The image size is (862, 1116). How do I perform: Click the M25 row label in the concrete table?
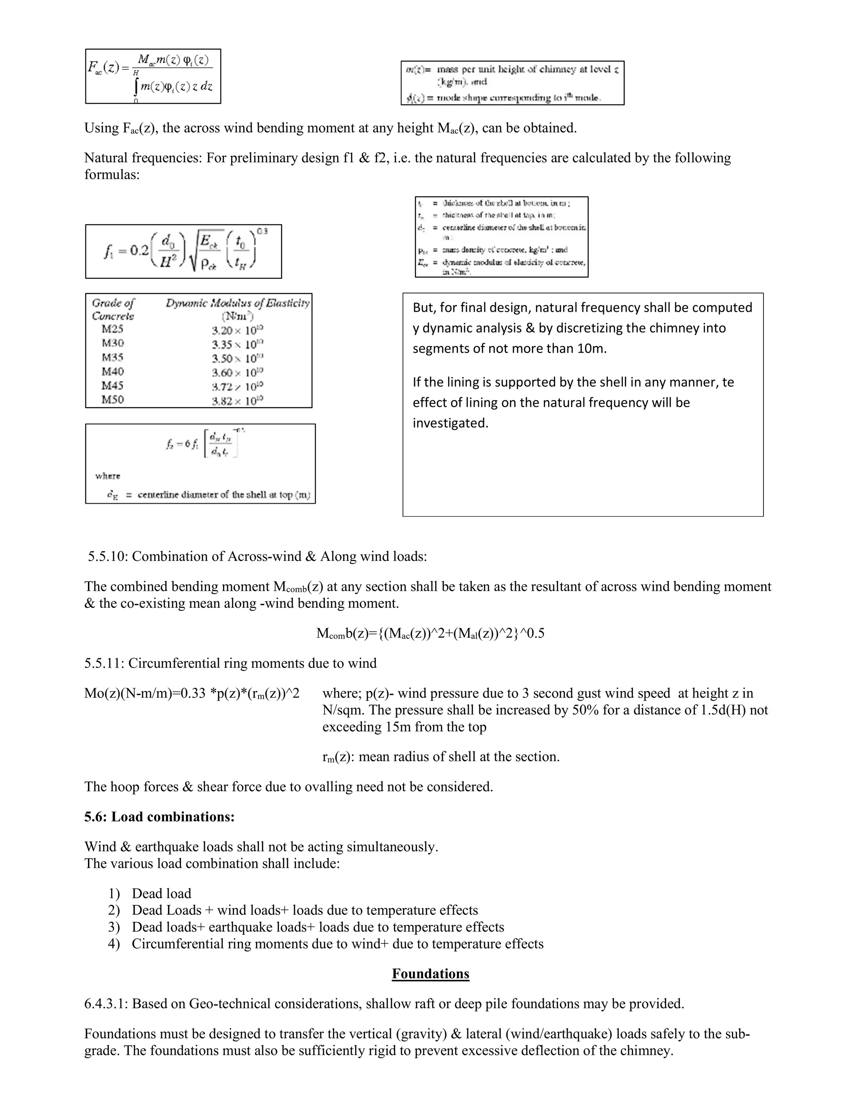[112, 329]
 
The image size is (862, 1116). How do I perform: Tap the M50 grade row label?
[112, 400]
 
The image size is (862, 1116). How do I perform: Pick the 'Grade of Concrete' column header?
[113, 309]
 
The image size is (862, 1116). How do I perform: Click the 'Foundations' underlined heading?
[431, 973]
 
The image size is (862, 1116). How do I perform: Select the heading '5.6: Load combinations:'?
[160, 817]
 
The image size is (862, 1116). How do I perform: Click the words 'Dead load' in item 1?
[161, 893]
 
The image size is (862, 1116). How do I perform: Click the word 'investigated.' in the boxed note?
[450, 423]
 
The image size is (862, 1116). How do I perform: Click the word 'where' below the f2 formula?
[108, 476]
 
